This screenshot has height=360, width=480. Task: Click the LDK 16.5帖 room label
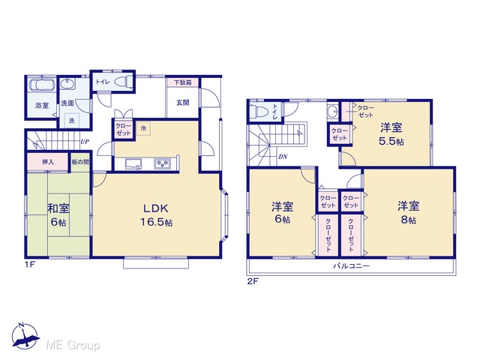click(x=157, y=215)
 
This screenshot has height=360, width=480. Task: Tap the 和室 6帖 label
click(x=58, y=215)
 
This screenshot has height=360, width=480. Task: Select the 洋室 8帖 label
click(x=408, y=213)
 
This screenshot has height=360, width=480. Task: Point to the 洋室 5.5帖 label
click(x=391, y=134)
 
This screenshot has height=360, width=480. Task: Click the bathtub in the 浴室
click(x=41, y=85)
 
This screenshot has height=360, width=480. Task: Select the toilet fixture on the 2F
click(x=258, y=111)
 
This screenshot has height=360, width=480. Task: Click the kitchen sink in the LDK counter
click(x=133, y=163)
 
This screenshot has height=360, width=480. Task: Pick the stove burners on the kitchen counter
click(x=162, y=163)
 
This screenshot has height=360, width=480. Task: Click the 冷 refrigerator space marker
click(x=143, y=128)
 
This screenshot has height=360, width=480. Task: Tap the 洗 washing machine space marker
click(x=71, y=120)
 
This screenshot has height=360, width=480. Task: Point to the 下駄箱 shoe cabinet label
click(x=183, y=82)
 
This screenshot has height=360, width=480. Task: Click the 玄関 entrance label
click(x=182, y=103)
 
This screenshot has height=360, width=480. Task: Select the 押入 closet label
click(x=48, y=162)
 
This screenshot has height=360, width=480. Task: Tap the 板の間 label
click(x=80, y=162)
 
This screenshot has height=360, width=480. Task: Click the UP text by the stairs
click(x=85, y=142)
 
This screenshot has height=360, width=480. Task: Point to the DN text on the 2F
click(x=283, y=157)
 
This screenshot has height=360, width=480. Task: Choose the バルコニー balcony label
click(x=351, y=265)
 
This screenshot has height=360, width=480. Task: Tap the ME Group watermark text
click(x=73, y=345)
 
